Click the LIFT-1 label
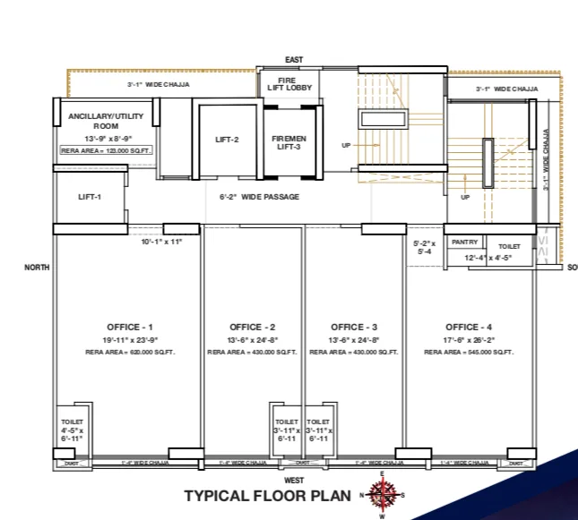(x=90, y=197)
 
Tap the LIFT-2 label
(x=228, y=140)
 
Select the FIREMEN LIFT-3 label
(x=289, y=143)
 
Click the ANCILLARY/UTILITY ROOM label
(x=106, y=121)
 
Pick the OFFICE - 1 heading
(x=130, y=327)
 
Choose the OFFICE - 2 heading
(x=252, y=327)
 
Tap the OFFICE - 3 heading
(x=354, y=327)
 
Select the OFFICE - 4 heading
(x=468, y=327)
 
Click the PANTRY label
(x=464, y=243)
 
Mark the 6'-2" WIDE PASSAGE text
(x=260, y=197)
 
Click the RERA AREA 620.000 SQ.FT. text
(x=130, y=353)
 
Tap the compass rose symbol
(x=383, y=494)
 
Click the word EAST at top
(x=294, y=60)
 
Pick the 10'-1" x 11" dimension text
(x=161, y=242)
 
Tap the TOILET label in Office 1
(x=73, y=421)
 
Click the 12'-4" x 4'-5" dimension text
(x=487, y=258)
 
